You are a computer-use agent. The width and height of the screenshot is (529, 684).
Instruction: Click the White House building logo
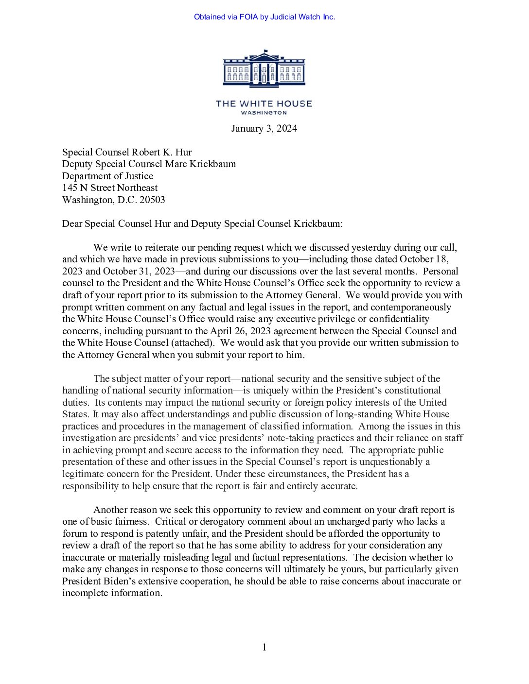pos(264,69)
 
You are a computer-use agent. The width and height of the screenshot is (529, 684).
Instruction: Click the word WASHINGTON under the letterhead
pos(264,113)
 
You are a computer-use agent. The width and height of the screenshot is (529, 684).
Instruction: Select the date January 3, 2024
pos(264,129)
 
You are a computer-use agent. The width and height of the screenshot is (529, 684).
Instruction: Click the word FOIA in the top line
pos(248,17)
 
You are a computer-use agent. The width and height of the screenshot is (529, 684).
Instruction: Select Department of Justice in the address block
pos(107,176)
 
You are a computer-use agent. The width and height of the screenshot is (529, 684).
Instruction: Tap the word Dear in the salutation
pos(72,223)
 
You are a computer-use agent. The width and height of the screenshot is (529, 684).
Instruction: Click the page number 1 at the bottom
pos(264,647)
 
